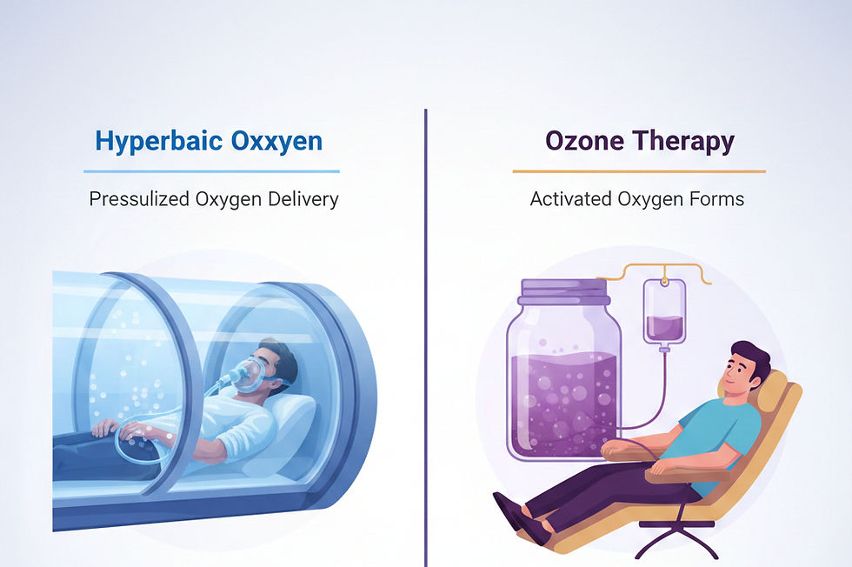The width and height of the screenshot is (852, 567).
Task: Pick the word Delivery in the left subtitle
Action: (x=302, y=199)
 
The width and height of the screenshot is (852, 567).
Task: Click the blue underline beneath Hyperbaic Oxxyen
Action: (x=211, y=171)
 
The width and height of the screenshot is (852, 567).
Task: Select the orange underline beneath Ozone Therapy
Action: (x=639, y=171)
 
